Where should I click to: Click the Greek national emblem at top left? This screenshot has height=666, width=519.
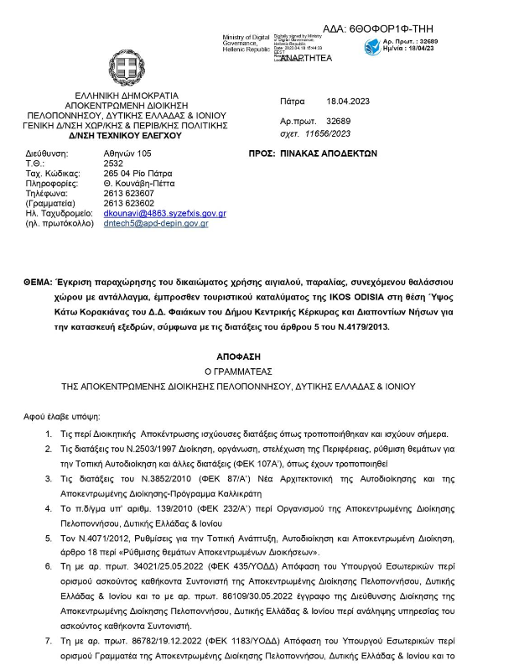pyautogui.click(x=127, y=68)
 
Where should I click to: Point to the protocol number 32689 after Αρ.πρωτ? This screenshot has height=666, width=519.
pyautogui.click(x=339, y=122)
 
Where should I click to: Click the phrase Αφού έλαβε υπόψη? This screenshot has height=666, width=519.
pyautogui.click(x=62, y=415)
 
